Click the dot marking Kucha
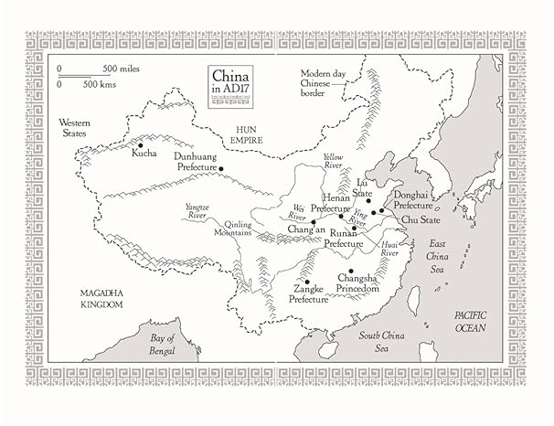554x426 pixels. pyautogui.click(x=140, y=144)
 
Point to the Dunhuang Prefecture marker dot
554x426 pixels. pyautogui.click(x=221, y=167)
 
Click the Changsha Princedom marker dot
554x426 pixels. pyautogui.click(x=350, y=271)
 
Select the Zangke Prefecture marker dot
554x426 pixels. pyautogui.click(x=307, y=282)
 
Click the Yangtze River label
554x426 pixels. pyautogui.click(x=197, y=212)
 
